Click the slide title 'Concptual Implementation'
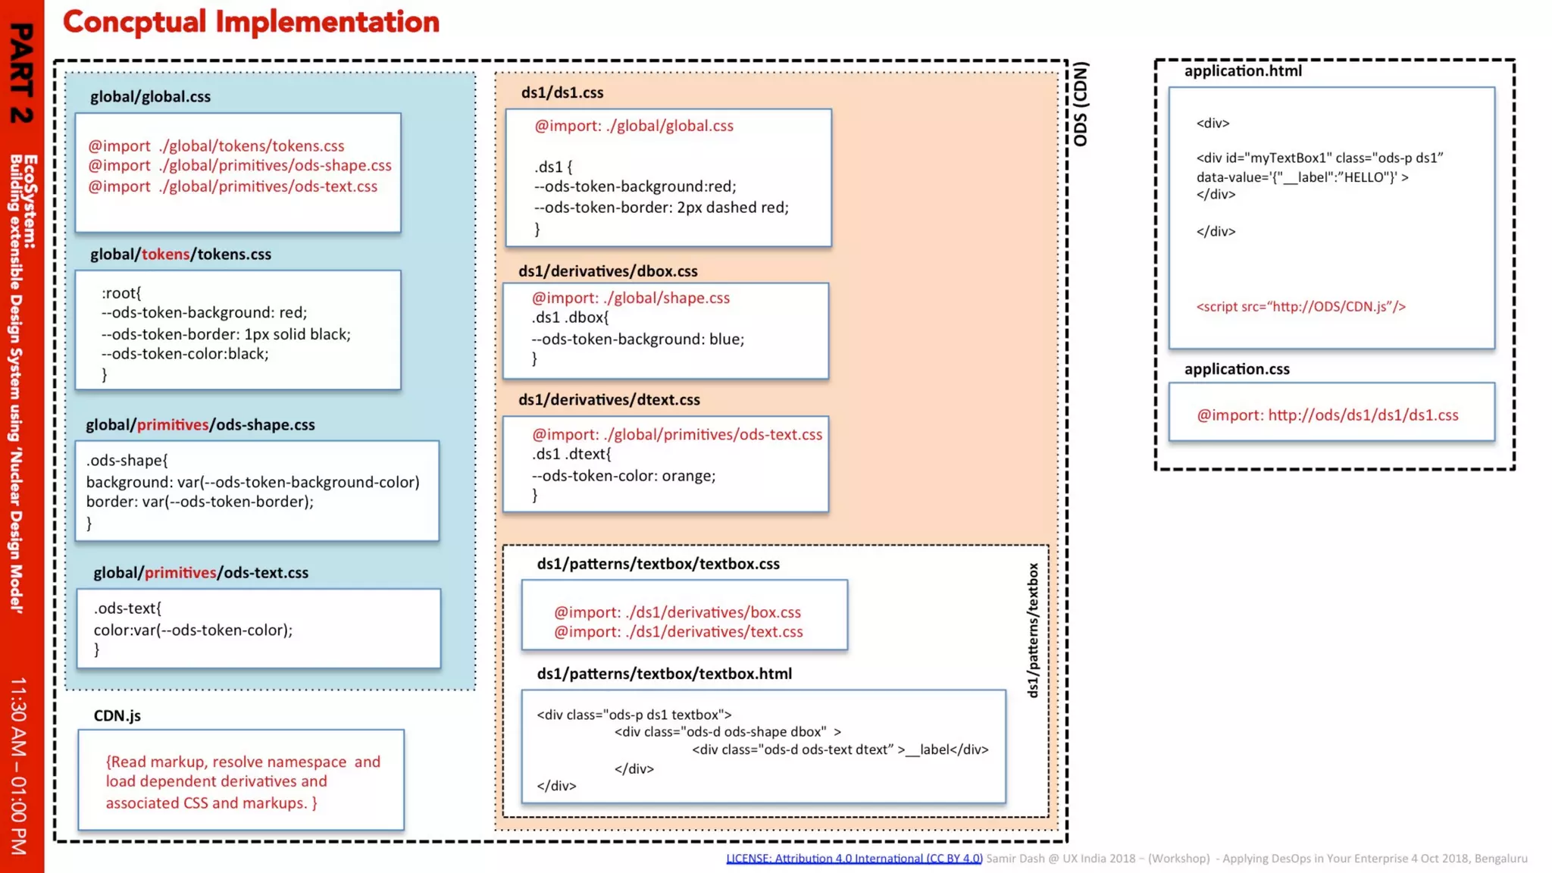tap(251, 22)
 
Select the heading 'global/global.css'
tap(150, 97)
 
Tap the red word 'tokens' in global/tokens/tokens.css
tap(165, 255)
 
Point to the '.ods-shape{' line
tap(127, 461)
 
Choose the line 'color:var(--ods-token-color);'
tap(192, 630)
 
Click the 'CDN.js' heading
tap(117, 716)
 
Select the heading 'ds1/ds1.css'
tap(562, 92)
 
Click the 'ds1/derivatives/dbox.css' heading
tap(608, 271)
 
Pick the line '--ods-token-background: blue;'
tap(638, 339)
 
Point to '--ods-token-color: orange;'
tap(624, 476)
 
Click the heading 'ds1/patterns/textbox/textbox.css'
tap(658, 564)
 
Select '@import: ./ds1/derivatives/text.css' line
tap(678, 632)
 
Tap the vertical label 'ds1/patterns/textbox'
tap(1032, 630)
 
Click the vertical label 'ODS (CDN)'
tap(1081, 104)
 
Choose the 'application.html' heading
tap(1243, 71)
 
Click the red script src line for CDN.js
tap(1300, 307)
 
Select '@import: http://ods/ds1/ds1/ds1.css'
tap(1327, 415)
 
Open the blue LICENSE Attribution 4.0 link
tap(854, 859)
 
